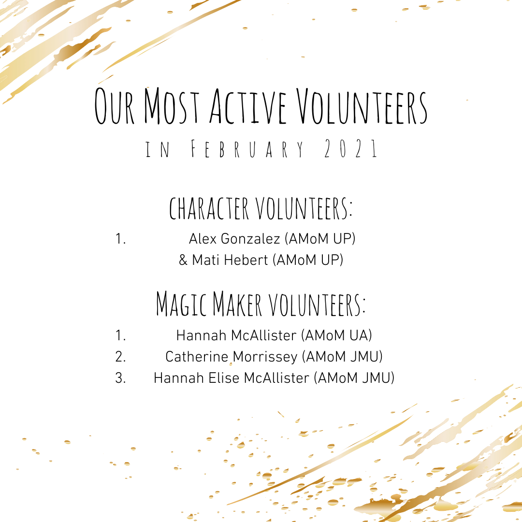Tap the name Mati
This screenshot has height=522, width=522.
click(x=203, y=260)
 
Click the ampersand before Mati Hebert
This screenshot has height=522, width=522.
click(x=183, y=260)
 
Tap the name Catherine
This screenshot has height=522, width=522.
click(x=196, y=357)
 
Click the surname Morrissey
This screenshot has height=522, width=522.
click(x=265, y=357)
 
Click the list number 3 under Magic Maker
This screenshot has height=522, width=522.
click(x=120, y=378)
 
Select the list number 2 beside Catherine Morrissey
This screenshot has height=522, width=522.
click(x=120, y=357)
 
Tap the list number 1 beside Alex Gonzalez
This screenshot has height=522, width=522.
click(x=120, y=238)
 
